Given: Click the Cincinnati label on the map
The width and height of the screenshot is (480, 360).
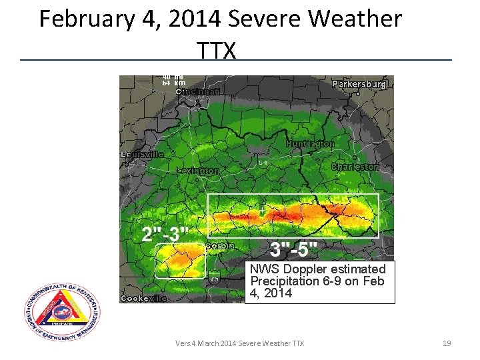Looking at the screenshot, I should [199, 91].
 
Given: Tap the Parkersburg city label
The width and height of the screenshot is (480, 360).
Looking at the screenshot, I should [359, 85].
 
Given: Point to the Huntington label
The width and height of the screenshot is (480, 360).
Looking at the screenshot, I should [310, 144].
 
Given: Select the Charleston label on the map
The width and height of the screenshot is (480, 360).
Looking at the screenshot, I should [355, 167].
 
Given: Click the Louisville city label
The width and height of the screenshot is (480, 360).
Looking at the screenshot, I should [141, 154].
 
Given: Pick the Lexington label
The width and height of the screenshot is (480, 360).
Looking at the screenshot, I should [198, 171].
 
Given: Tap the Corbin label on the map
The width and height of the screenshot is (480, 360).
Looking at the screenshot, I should [220, 246].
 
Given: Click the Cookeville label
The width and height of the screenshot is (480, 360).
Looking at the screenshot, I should [143, 299].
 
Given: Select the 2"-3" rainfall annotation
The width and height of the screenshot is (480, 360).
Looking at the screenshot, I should [165, 235].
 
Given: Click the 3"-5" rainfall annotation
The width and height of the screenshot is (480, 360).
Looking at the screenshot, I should [293, 249].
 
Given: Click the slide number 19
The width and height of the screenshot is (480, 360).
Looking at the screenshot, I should [447, 343].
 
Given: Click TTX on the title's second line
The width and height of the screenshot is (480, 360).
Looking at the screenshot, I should [217, 49].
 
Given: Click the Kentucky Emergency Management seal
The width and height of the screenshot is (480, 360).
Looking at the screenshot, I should [63, 312].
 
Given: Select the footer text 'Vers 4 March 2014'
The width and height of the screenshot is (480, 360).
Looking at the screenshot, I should [205, 343].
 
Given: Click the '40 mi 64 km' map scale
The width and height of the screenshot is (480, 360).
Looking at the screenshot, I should [173, 80].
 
